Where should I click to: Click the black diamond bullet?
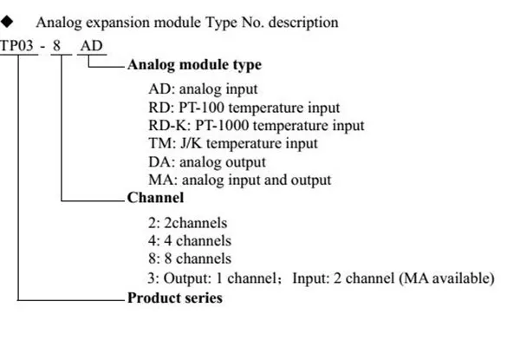point(7,22)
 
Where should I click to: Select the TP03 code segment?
point(17,46)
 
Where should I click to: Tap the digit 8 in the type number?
point(56,46)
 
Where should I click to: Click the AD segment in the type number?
point(92,46)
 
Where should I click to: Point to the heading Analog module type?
point(194,65)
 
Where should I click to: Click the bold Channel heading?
point(155,198)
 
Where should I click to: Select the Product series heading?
point(175,298)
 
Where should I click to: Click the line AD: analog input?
point(203,89)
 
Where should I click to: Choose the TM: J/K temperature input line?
point(233,143)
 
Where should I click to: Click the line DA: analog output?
point(207,162)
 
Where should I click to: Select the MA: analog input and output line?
point(240,180)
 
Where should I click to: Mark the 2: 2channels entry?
point(188,223)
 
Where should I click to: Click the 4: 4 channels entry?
point(190,241)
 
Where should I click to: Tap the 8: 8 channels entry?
point(190,259)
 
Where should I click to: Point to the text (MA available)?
point(446,278)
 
